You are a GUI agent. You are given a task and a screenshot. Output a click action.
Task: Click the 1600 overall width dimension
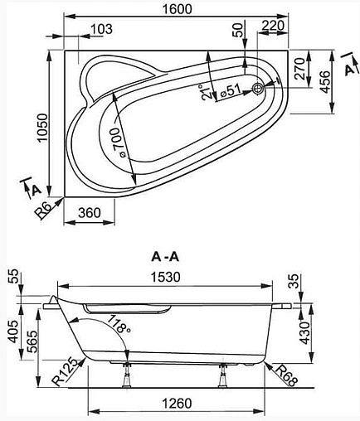coord(177,9)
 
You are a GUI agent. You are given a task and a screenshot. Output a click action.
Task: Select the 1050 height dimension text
coord(43,128)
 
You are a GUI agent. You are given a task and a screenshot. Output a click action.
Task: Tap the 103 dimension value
coord(102,29)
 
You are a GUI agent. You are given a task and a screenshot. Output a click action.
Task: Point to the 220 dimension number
coord(273,26)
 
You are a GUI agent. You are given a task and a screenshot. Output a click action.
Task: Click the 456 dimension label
coord(325,82)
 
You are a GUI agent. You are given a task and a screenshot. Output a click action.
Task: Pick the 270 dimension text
coord(299,69)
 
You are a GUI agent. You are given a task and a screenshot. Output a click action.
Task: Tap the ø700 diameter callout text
coord(119,143)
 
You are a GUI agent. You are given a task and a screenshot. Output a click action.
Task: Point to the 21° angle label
coord(206,92)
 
